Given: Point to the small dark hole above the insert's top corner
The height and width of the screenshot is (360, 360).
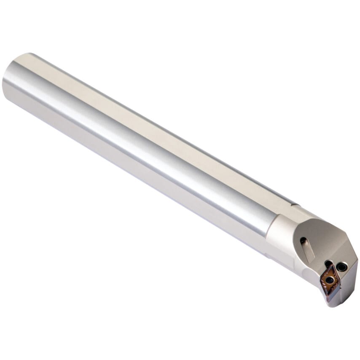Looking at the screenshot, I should [328, 264].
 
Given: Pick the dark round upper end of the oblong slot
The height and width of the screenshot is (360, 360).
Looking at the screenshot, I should [304, 241].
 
